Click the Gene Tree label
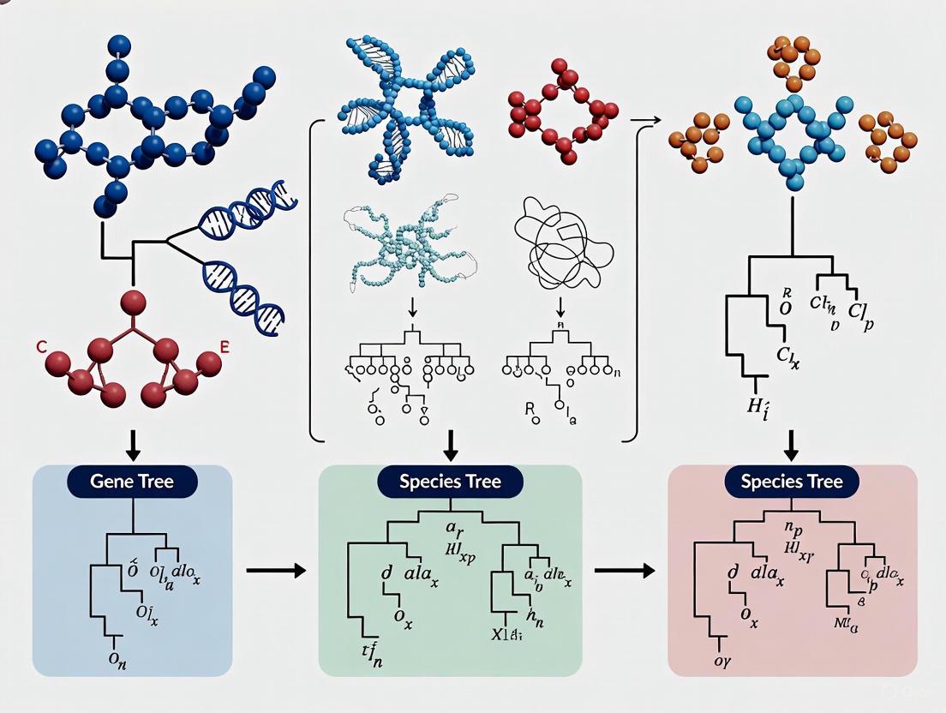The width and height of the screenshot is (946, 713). click(132, 482)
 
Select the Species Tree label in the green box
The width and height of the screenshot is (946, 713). click(450, 482)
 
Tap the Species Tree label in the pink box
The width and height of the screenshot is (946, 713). click(792, 482)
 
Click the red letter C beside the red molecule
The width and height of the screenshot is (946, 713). click(41, 348)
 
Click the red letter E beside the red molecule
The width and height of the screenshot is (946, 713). click(225, 347)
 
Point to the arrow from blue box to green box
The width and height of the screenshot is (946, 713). click(275, 570)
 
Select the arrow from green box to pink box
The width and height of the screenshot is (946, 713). click(624, 570)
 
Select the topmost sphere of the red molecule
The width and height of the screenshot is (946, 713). click(133, 302)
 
